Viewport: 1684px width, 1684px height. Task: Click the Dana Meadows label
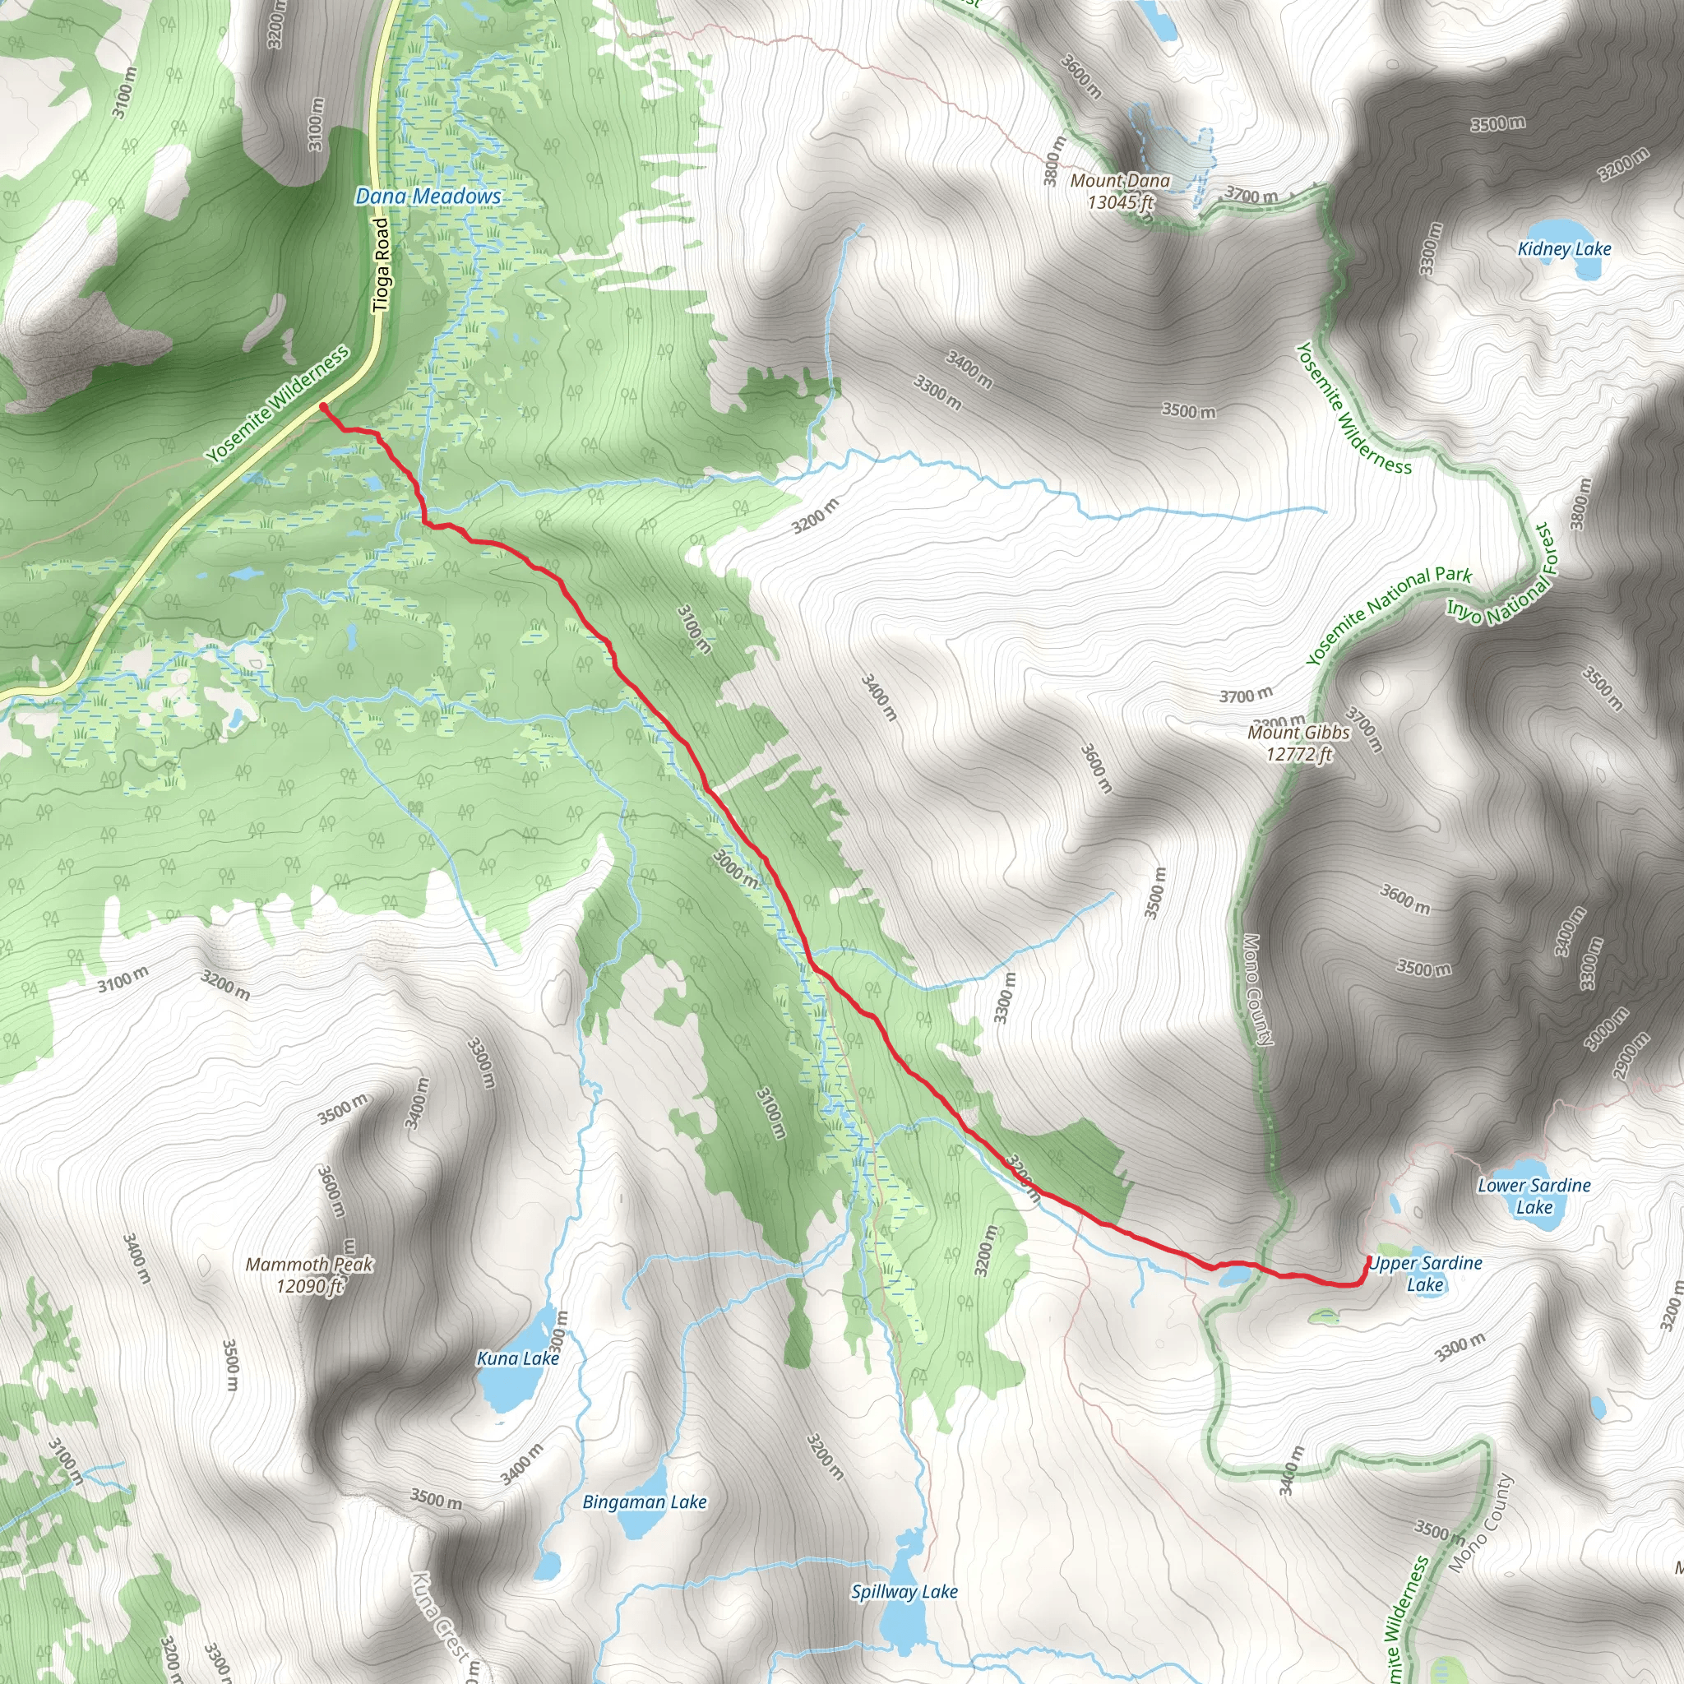pos(428,197)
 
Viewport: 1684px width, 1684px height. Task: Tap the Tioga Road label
pos(382,265)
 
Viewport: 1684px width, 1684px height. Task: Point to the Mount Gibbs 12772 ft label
pos(1298,743)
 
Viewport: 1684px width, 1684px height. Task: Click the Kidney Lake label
pos(1564,249)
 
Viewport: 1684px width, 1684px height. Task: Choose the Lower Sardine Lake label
pos(1534,1196)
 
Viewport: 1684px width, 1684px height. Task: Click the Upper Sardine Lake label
pos(1425,1274)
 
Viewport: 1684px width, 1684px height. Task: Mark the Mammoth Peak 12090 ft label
pos(309,1275)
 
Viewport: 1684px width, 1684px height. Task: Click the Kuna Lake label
pos(518,1358)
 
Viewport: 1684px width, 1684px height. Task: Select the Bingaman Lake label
pos(644,1501)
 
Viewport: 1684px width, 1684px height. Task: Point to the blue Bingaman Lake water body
pos(642,1526)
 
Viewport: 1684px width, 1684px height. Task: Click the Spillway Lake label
pos(904,1592)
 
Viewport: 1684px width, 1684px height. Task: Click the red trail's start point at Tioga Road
pos(323,406)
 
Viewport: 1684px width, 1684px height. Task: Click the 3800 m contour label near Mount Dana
pos(1056,160)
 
